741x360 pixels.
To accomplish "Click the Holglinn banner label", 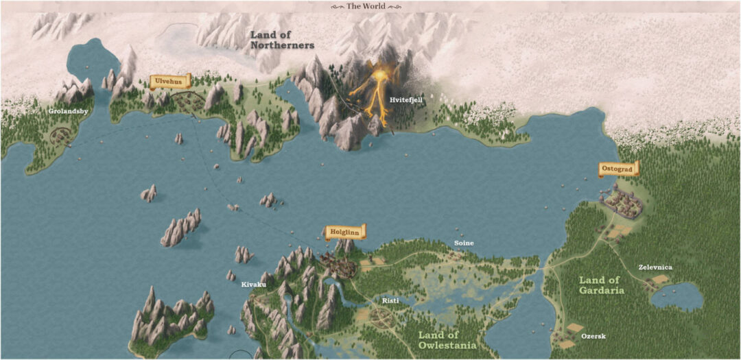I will click(x=345, y=232).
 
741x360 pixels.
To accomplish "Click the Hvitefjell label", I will click(x=406, y=100).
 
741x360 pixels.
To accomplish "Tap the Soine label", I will click(x=464, y=243).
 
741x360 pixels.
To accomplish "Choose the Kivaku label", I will click(x=253, y=283).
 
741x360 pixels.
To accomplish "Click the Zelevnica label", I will click(x=655, y=267).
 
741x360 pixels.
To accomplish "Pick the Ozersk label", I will click(x=593, y=337).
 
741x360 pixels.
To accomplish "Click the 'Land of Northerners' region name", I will click(x=282, y=40).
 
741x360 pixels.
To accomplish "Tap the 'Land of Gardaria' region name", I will click(x=601, y=285).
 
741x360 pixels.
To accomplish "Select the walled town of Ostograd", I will click(x=624, y=202).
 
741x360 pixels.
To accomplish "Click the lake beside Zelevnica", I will click(x=677, y=297).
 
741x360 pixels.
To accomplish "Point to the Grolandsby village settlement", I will click(x=60, y=134).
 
